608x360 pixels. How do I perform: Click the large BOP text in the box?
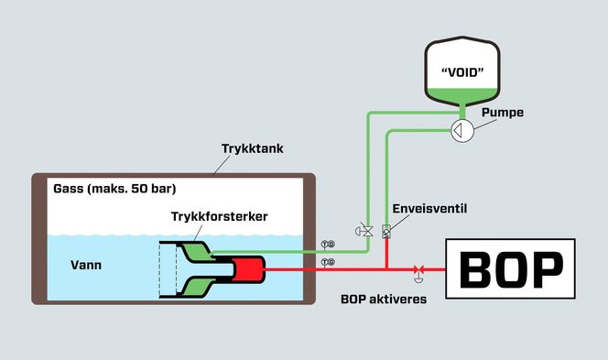[x=510, y=268]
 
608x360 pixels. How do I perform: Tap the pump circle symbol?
[x=461, y=131]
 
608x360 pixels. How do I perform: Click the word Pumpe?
[x=503, y=112]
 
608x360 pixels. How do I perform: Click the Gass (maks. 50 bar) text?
[x=114, y=190]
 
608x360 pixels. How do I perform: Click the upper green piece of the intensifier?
[x=197, y=250]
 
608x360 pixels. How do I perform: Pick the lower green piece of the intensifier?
[x=197, y=287]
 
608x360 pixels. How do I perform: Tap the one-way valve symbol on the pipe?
[x=386, y=231]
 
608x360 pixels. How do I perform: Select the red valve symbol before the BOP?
[x=418, y=269]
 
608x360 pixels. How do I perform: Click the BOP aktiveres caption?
[x=383, y=299]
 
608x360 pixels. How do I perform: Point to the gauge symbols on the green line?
[x=327, y=245]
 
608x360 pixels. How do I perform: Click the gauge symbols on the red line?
[x=327, y=263]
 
